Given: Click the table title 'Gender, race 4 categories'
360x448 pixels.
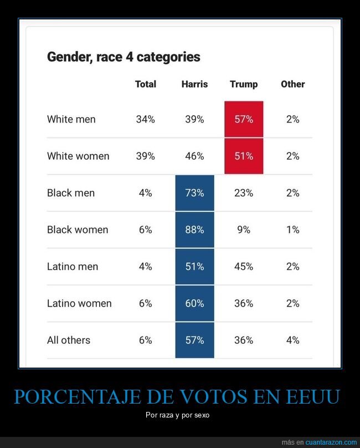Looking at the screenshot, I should point(124,57).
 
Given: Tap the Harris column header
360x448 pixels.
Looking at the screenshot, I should point(194,84).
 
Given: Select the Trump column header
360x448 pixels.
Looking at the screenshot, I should point(244,84).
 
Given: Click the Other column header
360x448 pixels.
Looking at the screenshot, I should point(292,84).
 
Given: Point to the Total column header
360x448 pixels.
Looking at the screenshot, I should point(146,84).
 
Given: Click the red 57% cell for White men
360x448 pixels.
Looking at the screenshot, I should point(244,119).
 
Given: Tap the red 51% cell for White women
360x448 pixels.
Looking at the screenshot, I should point(244,156).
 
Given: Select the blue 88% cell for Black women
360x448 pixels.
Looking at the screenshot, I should point(194,230).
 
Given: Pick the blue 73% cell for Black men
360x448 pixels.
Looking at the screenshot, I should point(194,193).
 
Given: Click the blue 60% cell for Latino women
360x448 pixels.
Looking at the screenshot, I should point(194,303).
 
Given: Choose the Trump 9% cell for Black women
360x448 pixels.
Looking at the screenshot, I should point(244,230).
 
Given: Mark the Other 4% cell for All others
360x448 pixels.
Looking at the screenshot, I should point(292,340).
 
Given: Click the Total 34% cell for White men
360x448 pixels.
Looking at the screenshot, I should point(146,119).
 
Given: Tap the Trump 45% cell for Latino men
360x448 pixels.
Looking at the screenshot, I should point(244,266).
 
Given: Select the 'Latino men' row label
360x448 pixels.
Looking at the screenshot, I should point(73,266).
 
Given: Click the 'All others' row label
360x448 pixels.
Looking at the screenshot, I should point(69,340).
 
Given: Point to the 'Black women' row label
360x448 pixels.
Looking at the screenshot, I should point(78,230).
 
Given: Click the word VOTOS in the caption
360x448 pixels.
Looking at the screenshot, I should point(217,397).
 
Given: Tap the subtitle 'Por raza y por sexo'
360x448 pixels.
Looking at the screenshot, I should point(180,415).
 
